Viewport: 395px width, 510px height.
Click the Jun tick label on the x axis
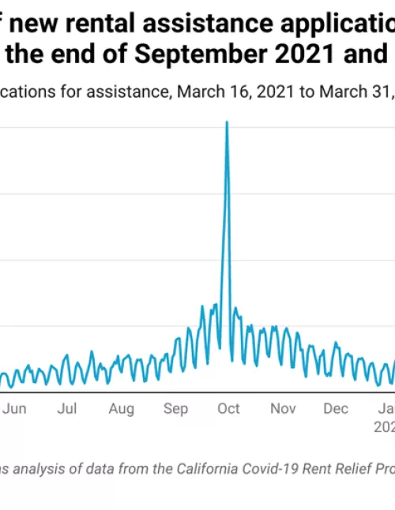(15, 409)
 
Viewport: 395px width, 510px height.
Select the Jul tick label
(68, 409)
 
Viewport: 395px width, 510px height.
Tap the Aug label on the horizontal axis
(121, 409)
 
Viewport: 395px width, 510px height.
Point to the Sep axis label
(175, 409)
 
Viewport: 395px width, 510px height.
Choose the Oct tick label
(228, 409)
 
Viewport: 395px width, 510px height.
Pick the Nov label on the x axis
(283, 409)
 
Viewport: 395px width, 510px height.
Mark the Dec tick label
(336, 409)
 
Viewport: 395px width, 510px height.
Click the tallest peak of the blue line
(227, 122)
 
